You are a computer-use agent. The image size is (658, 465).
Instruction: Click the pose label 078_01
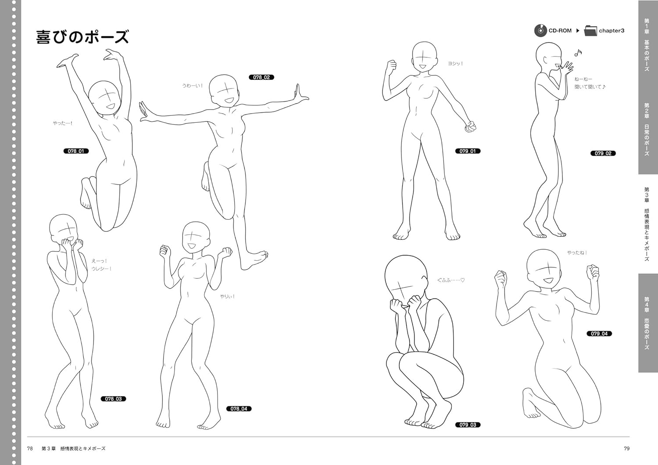point(76,151)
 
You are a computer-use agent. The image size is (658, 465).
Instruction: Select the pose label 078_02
point(261,77)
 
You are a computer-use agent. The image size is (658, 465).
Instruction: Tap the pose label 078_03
point(113,399)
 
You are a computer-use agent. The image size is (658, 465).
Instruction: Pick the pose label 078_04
point(239,408)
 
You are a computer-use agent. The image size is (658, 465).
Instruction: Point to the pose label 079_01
point(468,151)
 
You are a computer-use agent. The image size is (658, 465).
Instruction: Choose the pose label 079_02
point(603,153)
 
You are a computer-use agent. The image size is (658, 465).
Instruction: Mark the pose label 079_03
point(468,425)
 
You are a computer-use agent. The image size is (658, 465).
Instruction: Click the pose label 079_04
point(599,334)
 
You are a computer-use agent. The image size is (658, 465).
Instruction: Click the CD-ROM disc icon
point(540,31)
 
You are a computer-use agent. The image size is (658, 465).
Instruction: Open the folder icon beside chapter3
point(590,31)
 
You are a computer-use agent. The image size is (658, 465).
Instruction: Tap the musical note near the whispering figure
point(578,53)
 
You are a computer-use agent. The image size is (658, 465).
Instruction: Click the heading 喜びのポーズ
point(82,37)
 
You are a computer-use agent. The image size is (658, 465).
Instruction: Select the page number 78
point(30,448)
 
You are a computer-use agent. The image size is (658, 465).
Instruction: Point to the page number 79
point(626,448)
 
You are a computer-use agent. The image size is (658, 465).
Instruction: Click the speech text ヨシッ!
point(455,64)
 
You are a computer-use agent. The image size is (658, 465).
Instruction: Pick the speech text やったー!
point(63,123)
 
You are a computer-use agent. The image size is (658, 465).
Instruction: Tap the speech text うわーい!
point(193,86)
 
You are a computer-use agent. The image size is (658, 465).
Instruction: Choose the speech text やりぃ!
point(228,297)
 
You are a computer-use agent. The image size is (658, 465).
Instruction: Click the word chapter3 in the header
point(612,31)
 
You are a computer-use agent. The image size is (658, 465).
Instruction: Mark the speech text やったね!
point(577,252)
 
